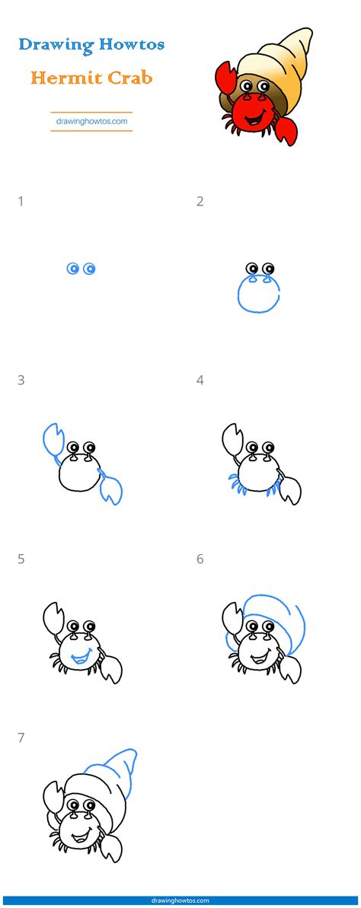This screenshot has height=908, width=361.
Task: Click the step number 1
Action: (21, 202)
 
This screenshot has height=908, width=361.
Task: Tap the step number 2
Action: (200, 202)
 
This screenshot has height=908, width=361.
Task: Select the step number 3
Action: (21, 381)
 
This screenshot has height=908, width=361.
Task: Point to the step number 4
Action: (200, 381)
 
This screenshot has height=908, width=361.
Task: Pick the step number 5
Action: (21, 559)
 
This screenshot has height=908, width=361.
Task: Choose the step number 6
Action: (200, 559)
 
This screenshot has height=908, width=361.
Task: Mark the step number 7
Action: (21, 738)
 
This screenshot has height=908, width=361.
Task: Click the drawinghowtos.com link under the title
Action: (91, 120)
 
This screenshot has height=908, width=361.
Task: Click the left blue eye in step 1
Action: (73, 268)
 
